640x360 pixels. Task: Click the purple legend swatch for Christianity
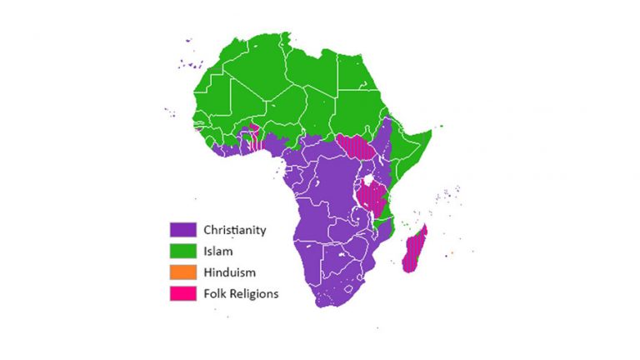(x=183, y=229)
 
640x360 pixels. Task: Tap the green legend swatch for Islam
(x=183, y=250)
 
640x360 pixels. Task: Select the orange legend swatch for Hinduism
(x=183, y=272)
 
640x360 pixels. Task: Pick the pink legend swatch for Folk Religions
(x=183, y=293)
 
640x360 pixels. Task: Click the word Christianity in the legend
(x=235, y=229)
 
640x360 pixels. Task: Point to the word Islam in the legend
(x=217, y=250)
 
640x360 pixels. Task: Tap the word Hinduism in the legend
(x=230, y=272)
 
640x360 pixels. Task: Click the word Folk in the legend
(x=215, y=293)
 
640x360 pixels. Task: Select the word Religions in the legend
(x=255, y=293)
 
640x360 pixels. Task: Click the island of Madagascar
(x=413, y=249)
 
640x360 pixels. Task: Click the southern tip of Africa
(x=323, y=305)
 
